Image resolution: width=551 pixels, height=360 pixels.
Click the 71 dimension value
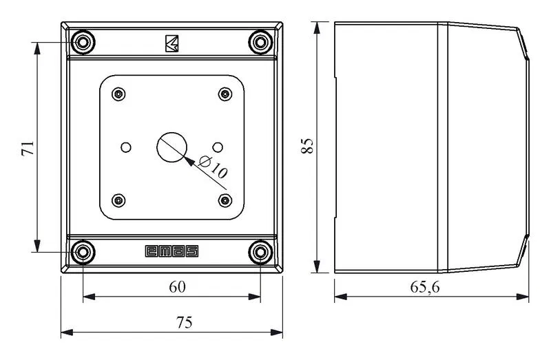(28, 148)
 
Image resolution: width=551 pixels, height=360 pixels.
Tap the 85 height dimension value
(307, 145)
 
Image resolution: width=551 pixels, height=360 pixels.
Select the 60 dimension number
(177, 287)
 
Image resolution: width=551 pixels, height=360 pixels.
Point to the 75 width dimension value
(185, 322)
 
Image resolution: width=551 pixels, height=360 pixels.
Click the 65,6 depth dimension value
(425, 287)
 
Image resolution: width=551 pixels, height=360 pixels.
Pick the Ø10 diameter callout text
(213, 166)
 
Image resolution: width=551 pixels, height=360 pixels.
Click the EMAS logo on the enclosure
(171, 251)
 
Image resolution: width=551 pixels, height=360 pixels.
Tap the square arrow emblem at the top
(171, 43)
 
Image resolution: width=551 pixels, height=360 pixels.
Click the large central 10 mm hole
(171, 147)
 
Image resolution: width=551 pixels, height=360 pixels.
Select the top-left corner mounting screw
(83, 42)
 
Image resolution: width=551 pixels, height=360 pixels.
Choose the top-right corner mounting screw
(260, 42)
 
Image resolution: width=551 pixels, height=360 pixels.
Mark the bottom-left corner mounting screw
(83, 252)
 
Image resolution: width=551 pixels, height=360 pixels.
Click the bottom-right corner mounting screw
(260, 252)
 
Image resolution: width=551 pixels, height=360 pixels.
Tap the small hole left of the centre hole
(126, 147)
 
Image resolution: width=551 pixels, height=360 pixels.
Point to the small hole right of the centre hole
(218, 147)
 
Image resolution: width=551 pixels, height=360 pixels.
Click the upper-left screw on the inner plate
(118, 94)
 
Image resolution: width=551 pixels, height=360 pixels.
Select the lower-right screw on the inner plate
(225, 200)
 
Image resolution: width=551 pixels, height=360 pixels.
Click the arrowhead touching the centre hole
(189, 160)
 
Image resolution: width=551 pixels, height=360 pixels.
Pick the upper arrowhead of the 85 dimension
(317, 28)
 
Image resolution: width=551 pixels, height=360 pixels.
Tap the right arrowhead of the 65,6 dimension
(523, 297)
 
